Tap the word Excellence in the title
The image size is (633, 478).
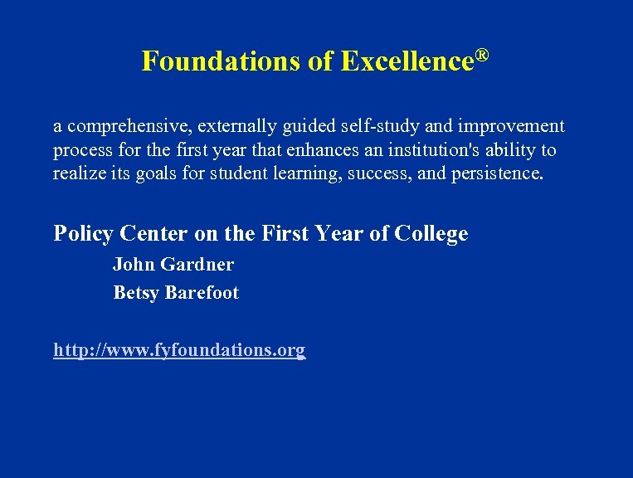pos(407,61)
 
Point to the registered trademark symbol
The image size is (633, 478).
pos(481,56)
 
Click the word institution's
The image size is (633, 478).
pos(426,151)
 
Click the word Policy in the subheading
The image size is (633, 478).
pos(81,234)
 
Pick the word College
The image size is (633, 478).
pos(431,234)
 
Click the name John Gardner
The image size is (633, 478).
pos(173,265)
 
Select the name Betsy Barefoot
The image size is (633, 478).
pos(176,293)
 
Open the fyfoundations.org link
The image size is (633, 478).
pos(179,350)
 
